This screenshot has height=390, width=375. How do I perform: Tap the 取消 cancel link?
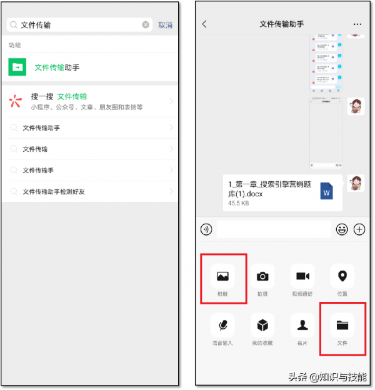pos(165,25)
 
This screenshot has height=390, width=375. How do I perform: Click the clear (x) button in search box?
pos(146,25)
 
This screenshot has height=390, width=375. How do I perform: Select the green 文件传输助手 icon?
pos(17,67)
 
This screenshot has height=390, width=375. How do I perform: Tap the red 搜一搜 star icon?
pos(16,101)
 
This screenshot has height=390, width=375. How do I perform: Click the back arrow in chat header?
pos(204,24)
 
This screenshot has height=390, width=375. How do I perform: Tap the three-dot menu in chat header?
pos(357,24)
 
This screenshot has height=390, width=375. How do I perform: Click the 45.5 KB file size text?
pos(238,203)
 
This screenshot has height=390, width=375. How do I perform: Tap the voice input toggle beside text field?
pos(206,229)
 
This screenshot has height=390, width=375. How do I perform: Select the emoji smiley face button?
pos(342,229)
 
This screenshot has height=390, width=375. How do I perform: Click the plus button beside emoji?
pos(359,229)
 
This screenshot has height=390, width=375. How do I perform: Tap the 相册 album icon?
pos(222,276)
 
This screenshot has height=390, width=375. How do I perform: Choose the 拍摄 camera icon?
pos(263,276)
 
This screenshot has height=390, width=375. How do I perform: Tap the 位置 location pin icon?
pos(342,276)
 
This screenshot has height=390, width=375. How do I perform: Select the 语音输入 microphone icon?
pos(222,325)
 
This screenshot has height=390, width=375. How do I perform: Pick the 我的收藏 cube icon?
pos(263,325)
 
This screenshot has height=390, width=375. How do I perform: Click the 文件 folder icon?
pos(342,325)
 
